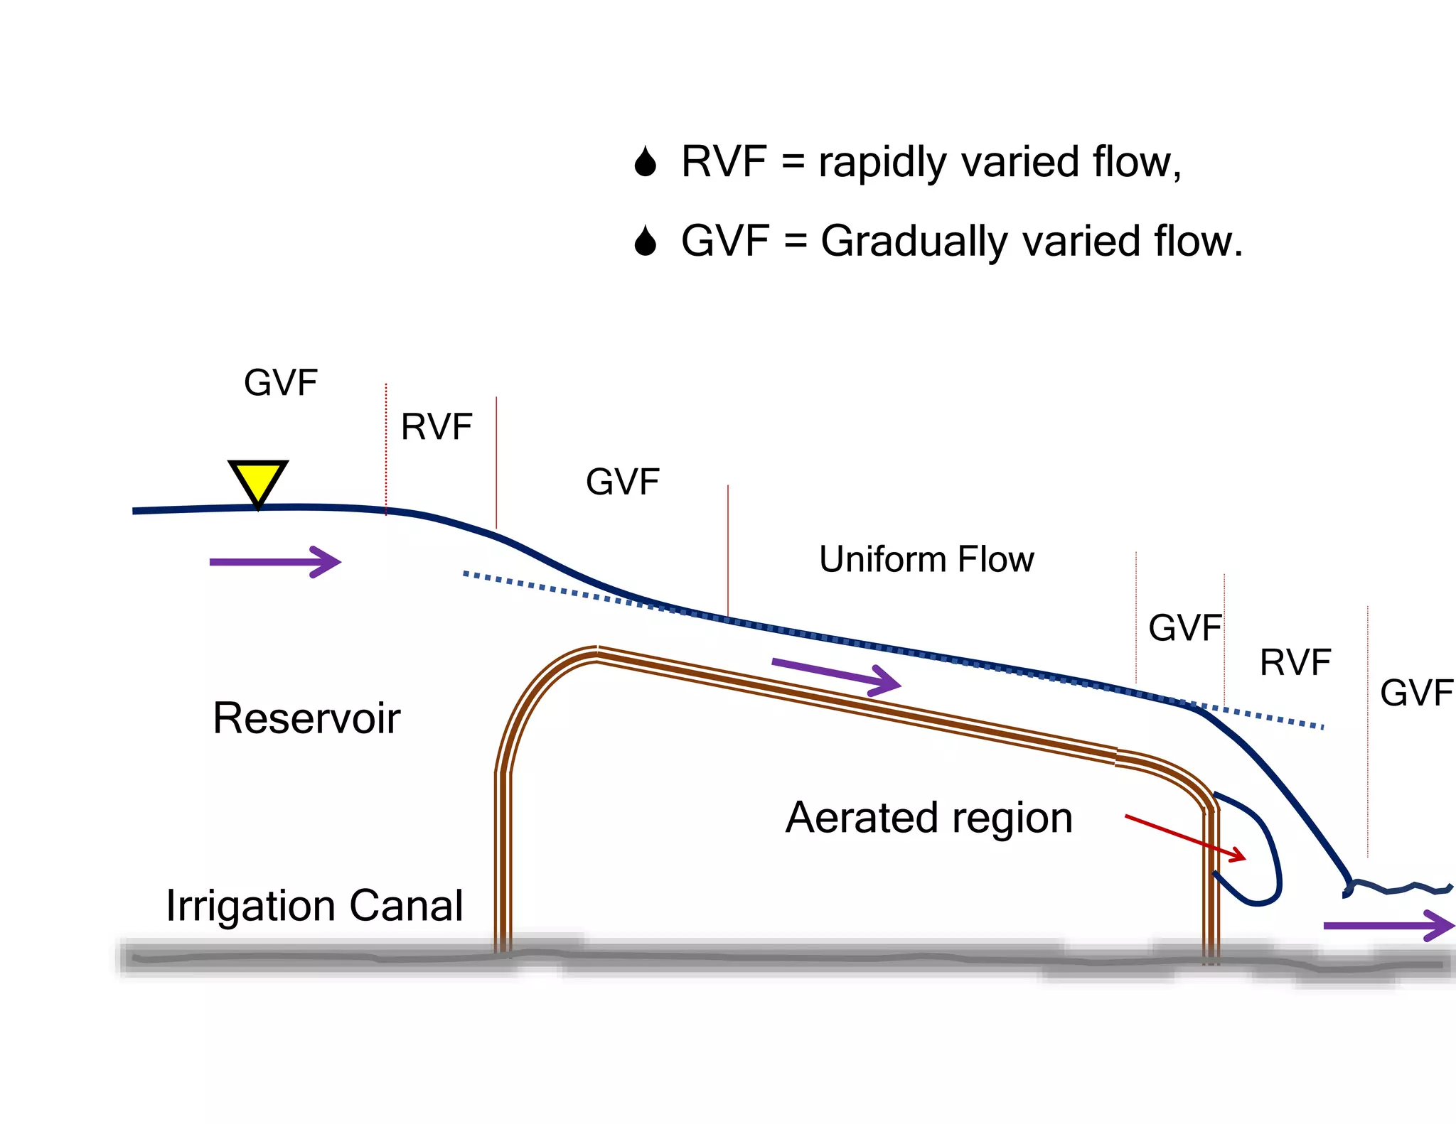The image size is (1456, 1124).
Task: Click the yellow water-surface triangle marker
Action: [258, 480]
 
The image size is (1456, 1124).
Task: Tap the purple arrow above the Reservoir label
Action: [276, 562]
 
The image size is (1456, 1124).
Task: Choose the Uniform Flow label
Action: [926, 559]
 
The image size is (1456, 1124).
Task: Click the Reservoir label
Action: [306, 718]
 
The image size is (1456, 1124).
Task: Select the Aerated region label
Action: [928, 818]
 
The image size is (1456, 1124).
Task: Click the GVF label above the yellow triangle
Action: [281, 383]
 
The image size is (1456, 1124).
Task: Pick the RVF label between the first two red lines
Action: [437, 427]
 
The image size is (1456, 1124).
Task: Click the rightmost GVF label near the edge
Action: [1415, 693]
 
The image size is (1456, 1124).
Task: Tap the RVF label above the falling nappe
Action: [1295, 663]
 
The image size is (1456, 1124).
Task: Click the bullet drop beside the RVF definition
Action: [646, 162]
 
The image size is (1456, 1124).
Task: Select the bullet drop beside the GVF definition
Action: [646, 242]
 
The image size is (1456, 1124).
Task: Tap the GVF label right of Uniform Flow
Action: [1184, 628]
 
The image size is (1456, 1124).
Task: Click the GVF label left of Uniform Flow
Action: [623, 482]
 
